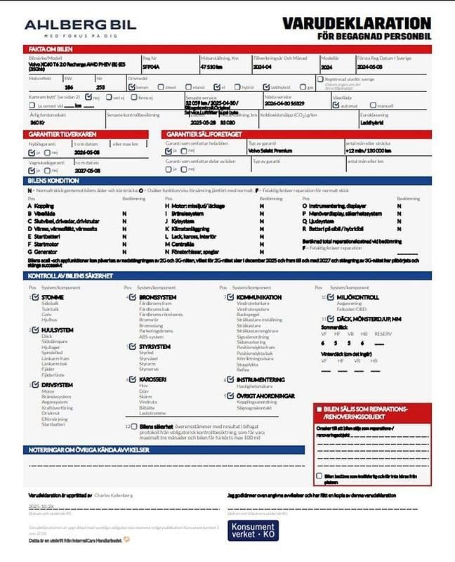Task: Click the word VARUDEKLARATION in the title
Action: click(x=356, y=23)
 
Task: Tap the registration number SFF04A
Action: click(x=151, y=67)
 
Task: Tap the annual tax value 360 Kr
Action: click(x=38, y=122)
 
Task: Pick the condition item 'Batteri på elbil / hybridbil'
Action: click(x=345, y=228)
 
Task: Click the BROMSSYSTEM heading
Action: click(x=157, y=297)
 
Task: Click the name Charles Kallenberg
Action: click(x=113, y=495)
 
